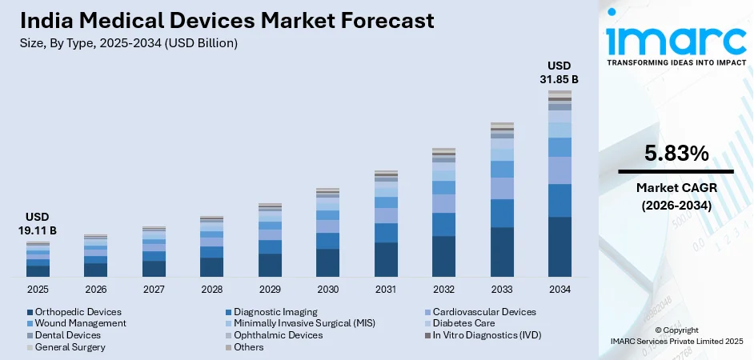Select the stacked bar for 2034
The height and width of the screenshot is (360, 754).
tap(559, 184)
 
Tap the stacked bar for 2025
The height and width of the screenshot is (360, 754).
tap(38, 259)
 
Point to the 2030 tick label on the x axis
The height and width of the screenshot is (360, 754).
tap(327, 289)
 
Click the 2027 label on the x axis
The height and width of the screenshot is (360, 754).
tap(154, 289)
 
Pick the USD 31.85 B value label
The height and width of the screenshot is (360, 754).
tap(559, 72)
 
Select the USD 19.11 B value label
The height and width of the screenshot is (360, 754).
tap(38, 223)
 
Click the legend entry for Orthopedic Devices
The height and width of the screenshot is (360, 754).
tap(78, 312)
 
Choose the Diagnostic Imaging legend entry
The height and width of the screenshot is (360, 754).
tap(275, 312)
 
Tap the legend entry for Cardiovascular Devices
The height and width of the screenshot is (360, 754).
tap(483, 312)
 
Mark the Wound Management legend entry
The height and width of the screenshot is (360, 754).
tap(80, 323)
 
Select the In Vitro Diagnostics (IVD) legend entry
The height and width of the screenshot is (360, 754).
tap(489, 335)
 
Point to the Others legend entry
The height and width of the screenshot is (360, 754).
tap(249, 347)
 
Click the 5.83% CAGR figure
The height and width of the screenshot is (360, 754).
tap(676, 154)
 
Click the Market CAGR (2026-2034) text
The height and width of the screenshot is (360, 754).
tap(676, 196)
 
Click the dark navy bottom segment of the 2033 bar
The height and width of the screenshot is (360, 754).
tap(502, 252)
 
